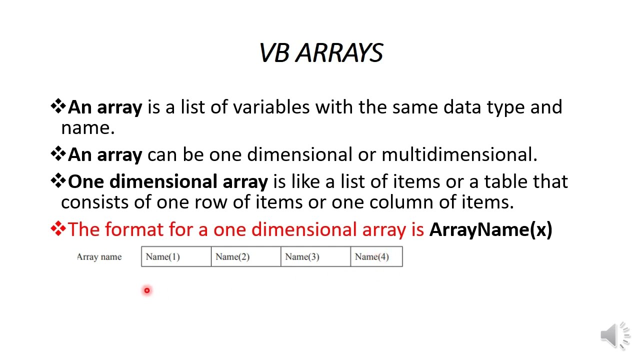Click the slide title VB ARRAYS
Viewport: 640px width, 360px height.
click(x=321, y=53)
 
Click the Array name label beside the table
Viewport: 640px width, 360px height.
click(x=99, y=257)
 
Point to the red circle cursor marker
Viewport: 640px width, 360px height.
click(x=147, y=290)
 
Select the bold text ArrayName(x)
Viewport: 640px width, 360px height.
click(x=490, y=229)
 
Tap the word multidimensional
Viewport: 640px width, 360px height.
click(x=459, y=155)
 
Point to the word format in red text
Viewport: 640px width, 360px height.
click(x=134, y=229)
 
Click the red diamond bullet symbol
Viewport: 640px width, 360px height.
click(x=58, y=229)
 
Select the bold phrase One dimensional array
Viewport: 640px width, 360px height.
click(x=167, y=181)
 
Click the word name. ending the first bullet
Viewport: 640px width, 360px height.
click(x=87, y=128)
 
